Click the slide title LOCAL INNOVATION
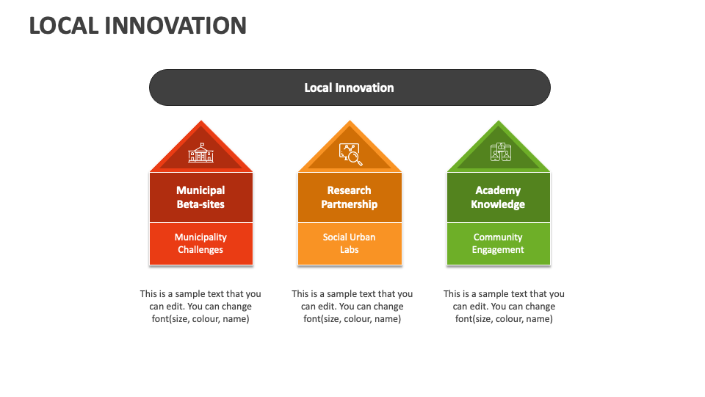pyautogui.click(x=137, y=25)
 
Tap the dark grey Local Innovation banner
pyautogui.click(x=350, y=87)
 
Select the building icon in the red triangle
pyautogui.click(x=200, y=152)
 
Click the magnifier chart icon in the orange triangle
pyautogui.click(x=350, y=153)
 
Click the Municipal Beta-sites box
pyautogui.click(x=200, y=197)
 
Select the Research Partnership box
pyautogui.click(x=350, y=197)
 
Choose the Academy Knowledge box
pyautogui.click(x=499, y=197)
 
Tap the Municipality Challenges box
pyautogui.click(x=200, y=243)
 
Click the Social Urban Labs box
pyautogui.click(x=350, y=243)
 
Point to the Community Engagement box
pyautogui.click(x=499, y=243)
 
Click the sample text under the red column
pyautogui.click(x=200, y=306)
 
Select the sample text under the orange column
pyautogui.click(x=352, y=306)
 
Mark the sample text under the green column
pyautogui.click(x=504, y=306)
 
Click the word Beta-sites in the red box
pyautogui.click(x=200, y=204)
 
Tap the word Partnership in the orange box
pyautogui.click(x=350, y=204)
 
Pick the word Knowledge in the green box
pyautogui.click(x=499, y=204)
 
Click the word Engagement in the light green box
pyautogui.click(x=499, y=250)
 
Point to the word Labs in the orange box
pyautogui.click(x=350, y=250)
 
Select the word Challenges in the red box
pyautogui.click(x=200, y=250)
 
